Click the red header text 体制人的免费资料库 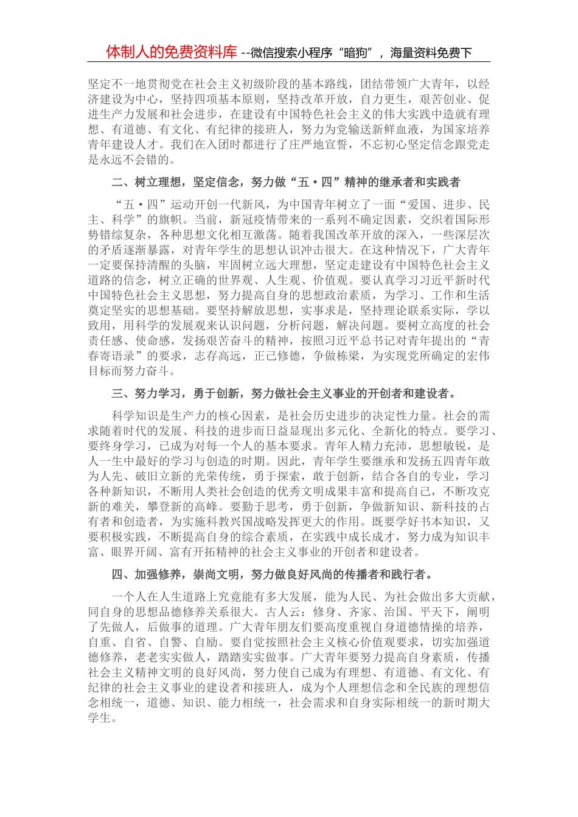tap(171, 52)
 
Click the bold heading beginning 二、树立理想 tap(286, 182)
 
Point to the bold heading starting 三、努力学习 tap(284, 393)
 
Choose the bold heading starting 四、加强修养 tap(273, 574)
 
